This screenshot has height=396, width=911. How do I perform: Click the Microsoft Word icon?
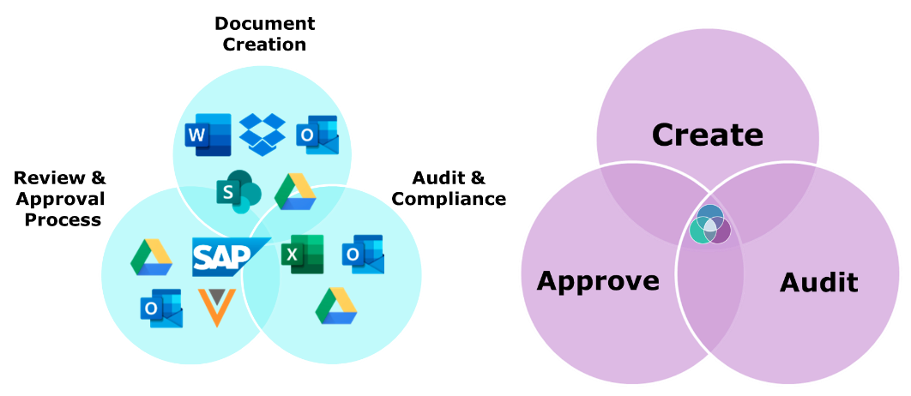pyautogui.click(x=208, y=135)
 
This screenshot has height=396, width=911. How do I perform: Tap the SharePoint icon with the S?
pyautogui.click(x=237, y=192)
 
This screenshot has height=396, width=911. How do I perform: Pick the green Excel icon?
pyautogui.click(x=302, y=254)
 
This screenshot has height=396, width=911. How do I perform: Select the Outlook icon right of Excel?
pyautogui.click(x=363, y=254)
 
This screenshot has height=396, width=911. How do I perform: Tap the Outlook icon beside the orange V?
pyautogui.click(x=161, y=309)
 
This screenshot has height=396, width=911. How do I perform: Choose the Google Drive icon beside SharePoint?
pyautogui.click(x=296, y=191)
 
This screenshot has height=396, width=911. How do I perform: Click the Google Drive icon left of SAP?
pyautogui.click(x=152, y=256)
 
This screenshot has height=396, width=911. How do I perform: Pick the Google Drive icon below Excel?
pyautogui.click(x=336, y=306)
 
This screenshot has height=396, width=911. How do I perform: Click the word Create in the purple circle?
pyautogui.click(x=707, y=135)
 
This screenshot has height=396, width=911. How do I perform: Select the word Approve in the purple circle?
pyautogui.click(x=598, y=280)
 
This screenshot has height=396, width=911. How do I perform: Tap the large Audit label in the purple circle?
pyautogui.click(x=818, y=282)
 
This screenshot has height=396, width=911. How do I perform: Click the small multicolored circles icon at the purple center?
pyautogui.click(x=709, y=225)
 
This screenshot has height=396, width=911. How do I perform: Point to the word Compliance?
pyautogui.click(x=449, y=199)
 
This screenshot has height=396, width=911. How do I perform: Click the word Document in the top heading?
pyautogui.click(x=264, y=23)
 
